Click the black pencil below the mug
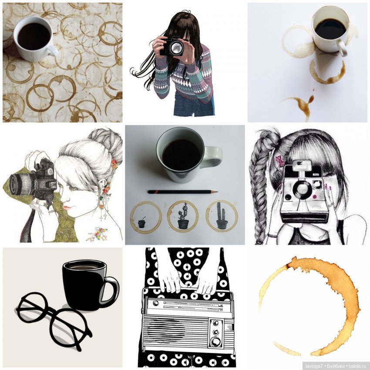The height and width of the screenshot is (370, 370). coord(183,192)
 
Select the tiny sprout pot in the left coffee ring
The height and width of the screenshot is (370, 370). coord(141,223)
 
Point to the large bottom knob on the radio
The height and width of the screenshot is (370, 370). coord(216,341)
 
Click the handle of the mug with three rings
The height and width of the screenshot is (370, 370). coord(213,156)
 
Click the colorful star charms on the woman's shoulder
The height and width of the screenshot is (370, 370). coord(98,234)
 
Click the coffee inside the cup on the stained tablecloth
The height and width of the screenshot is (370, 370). coord(34,36)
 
